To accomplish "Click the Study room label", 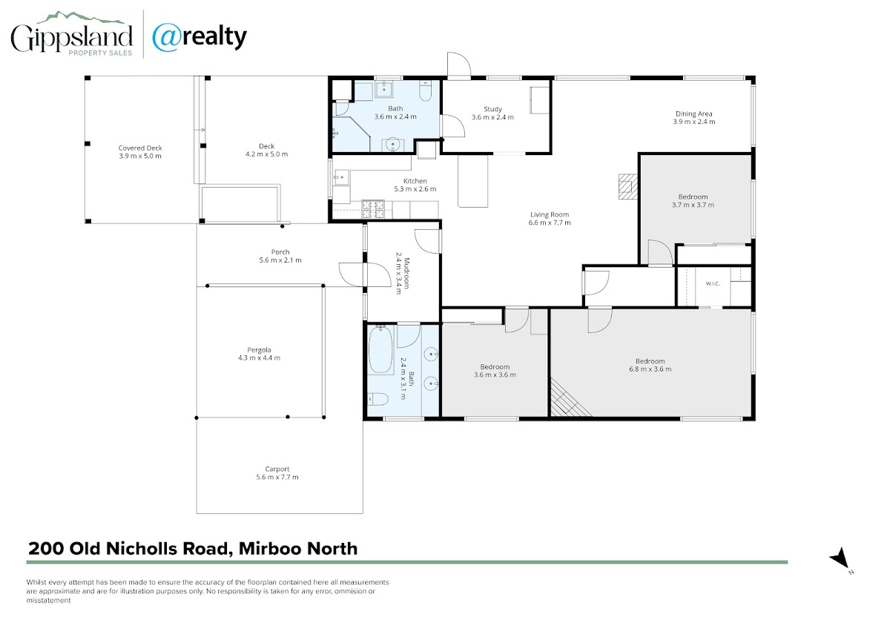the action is click(x=492, y=109).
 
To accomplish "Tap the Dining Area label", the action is click(x=693, y=113).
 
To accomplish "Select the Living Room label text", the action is click(x=550, y=214).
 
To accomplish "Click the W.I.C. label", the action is click(x=713, y=283).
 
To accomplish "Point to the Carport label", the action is click(x=277, y=469).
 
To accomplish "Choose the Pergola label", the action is click(x=259, y=350).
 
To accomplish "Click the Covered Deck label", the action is click(x=140, y=148).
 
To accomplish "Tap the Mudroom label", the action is click(x=406, y=273).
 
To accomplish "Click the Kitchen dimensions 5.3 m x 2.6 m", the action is click(x=415, y=189).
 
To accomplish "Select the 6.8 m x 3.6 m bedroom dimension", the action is click(x=650, y=369).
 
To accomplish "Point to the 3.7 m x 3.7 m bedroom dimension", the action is click(x=693, y=205).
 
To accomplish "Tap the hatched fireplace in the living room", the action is click(x=627, y=186).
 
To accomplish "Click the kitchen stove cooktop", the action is click(x=373, y=209).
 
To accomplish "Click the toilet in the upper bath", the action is click(x=425, y=90).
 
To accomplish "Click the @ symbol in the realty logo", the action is click(x=167, y=37).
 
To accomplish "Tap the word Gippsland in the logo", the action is click(x=71, y=38).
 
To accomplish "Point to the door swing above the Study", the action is click(x=459, y=64).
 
